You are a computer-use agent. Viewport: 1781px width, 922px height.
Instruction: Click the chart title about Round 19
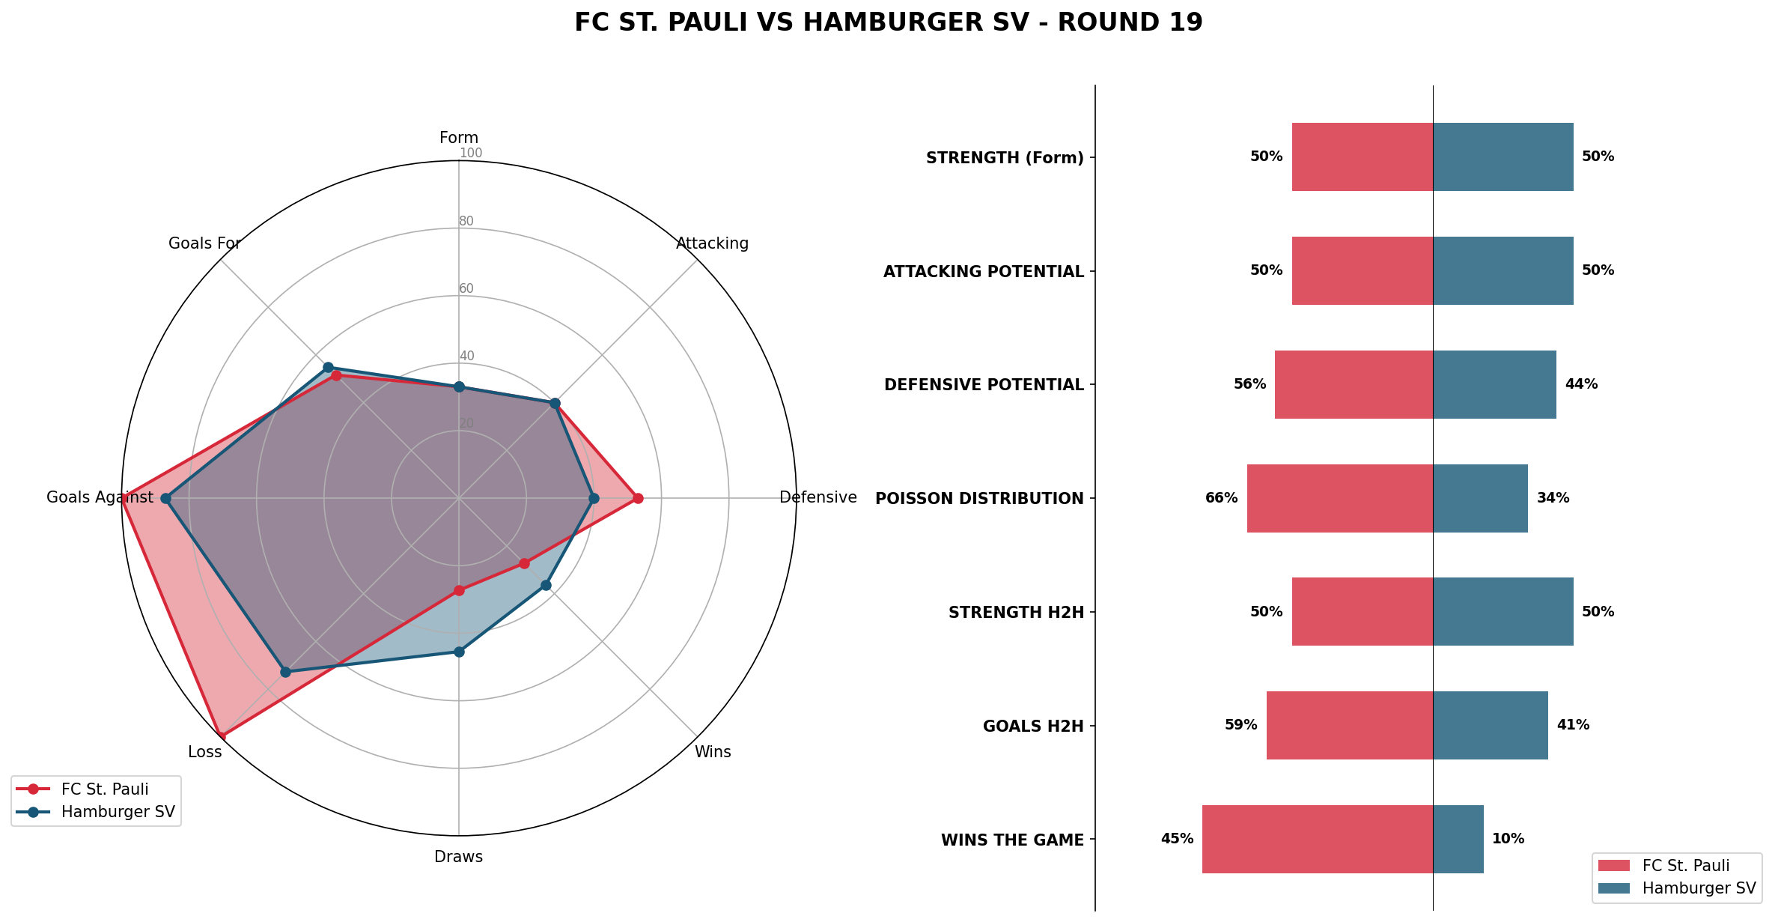pos(889,22)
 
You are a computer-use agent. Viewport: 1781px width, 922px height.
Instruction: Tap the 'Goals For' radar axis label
pos(204,243)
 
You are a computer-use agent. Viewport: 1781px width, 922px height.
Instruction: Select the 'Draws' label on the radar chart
pos(458,857)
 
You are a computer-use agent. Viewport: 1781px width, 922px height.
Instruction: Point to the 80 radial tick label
pos(466,221)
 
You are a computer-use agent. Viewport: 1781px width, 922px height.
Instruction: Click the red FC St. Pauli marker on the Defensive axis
pos(638,498)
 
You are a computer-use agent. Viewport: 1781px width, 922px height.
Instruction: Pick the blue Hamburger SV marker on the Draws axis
pos(459,652)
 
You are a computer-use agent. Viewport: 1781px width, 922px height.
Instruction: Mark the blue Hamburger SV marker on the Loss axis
pos(285,672)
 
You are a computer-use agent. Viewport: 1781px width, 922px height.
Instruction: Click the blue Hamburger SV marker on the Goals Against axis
pos(166,498)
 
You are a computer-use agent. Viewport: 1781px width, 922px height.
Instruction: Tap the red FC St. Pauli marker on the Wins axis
pos(524,563)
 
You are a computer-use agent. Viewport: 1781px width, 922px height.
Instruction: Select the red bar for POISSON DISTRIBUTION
pos(1339,498)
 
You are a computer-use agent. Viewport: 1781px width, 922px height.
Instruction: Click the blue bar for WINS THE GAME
pos(1458,839)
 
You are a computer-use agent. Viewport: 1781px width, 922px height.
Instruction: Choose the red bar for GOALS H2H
pos(1349,725)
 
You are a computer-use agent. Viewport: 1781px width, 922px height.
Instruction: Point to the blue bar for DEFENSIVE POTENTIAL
pos(1494,384)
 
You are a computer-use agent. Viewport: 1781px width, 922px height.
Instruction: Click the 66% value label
pos(1221,498)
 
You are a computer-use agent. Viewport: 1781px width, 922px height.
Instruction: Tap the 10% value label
pos(1508,839)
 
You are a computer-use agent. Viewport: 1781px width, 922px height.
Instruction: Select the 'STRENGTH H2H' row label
pos(1016,613)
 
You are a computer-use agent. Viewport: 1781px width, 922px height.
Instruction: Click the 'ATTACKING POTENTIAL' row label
pos(983,272)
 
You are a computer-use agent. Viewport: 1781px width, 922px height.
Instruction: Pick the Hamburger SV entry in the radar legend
pos(118,812)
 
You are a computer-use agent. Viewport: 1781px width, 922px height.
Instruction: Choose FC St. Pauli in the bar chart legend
pos(1685,866)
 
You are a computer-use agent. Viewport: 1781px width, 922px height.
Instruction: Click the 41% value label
pos(1573,725)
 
